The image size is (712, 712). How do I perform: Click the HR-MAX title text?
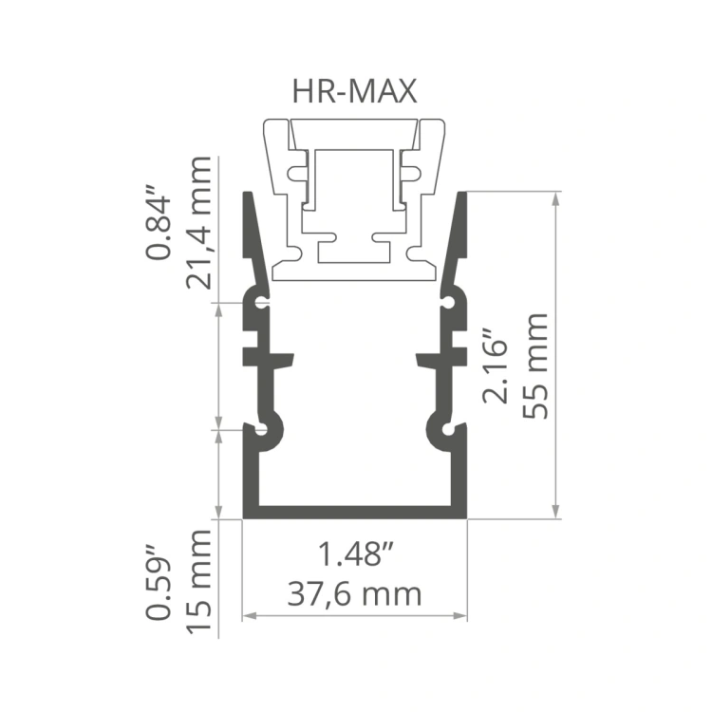tap(354, 91)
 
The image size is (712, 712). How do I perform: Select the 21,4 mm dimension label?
tap(199, 223)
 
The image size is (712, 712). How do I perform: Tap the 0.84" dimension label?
tap(158, 221)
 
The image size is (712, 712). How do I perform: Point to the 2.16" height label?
tap(495, 365)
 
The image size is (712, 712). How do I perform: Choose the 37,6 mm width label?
tap(354, 594)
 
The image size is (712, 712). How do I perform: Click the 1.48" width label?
tap(355, 553)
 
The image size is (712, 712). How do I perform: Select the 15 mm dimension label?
tap(199, 582)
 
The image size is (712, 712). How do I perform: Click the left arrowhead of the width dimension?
tap(249, 616)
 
